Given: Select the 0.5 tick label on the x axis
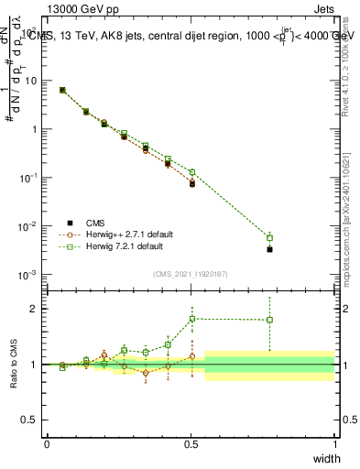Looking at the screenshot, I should (191, 443).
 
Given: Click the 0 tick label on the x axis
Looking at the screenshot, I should (48, 443).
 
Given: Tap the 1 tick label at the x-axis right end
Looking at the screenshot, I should (334, 443).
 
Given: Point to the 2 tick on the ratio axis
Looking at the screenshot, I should (34, 309).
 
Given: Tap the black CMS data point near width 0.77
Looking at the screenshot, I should (269, 248).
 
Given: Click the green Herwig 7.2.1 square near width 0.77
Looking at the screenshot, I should (269, 237).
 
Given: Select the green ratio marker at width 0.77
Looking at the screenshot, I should (269, 320).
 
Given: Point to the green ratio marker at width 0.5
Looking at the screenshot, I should (192, 319).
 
